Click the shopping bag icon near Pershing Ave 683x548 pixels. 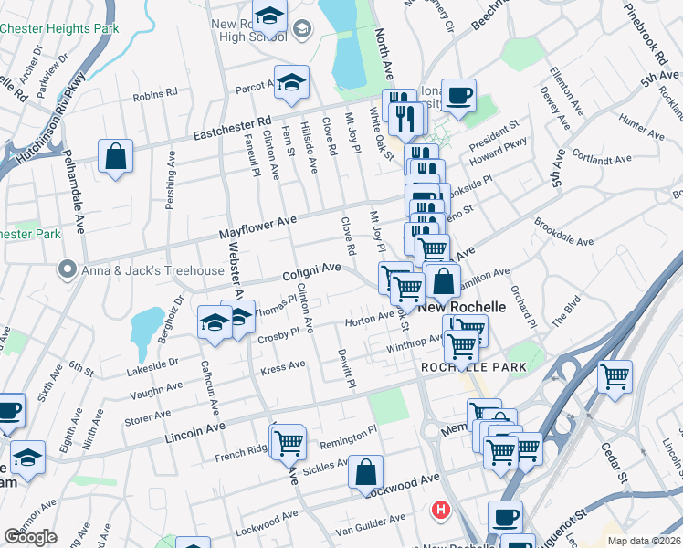coord(116,156)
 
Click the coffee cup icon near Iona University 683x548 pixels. coord(458,94)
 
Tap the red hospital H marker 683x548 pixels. coord(442,510)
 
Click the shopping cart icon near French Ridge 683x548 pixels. coord(289,443)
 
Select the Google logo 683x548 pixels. coord(30,537)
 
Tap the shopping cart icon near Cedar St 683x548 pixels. coord(615,375)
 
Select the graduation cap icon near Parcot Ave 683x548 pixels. coord(291,83)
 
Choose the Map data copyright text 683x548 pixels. coord(644,541)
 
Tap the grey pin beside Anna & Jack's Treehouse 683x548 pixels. coord(66,270)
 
